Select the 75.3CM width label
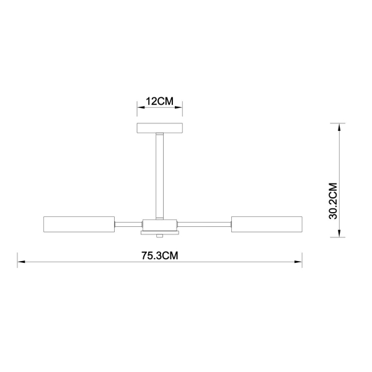click(x=160, y=255)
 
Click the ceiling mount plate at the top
click(x=160, y=128)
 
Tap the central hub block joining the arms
click(x=161, y=224)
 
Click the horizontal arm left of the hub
click(x=129, y=223)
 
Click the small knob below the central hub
click(x=161, y=236)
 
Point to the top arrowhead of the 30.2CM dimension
click(x=340, y=127)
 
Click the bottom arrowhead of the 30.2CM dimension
click(x=340, y=233)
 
